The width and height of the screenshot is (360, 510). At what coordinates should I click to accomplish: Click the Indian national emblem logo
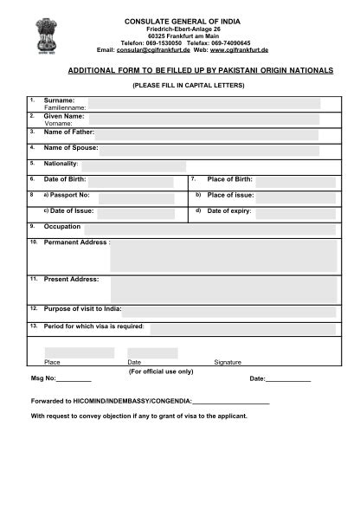[44, 35]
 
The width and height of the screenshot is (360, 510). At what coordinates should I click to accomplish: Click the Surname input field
[203, 103]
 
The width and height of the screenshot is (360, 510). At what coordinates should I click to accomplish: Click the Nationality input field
[134, 165]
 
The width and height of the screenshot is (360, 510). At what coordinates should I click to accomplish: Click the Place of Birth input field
[295, 181]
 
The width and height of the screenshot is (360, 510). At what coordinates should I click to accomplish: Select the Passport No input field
[136, 197]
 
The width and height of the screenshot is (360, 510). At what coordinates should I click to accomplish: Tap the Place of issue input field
[295, 197]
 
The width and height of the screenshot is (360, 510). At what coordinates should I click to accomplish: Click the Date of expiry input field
[295, 212]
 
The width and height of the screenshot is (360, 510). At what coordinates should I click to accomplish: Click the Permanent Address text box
[223, 255]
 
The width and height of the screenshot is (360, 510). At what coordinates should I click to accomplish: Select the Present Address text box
[223, 289]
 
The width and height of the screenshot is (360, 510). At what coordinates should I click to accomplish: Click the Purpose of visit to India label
[82, 309]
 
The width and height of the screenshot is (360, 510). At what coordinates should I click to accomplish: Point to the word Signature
[228, 362]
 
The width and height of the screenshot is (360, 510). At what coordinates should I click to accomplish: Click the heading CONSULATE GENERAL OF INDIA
[183, 20]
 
